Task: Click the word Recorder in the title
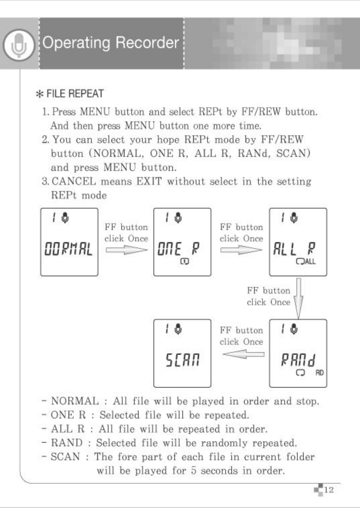tap(147, 42)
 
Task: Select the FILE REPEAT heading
tap(75, 94)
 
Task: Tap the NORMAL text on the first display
tap(69, 249)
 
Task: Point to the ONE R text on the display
tap(178, 249)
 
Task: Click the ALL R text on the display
tap(294, 249)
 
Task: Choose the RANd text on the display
tap(298, 360)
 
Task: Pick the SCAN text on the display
tap(182, 360)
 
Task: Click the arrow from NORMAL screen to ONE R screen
tap(126, 250)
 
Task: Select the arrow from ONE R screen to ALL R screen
tap(241, 250)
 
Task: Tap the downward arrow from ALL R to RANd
tap(298, 298)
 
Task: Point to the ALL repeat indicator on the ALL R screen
tap(306, 262)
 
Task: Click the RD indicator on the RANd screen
tap(319, 373)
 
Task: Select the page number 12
tap(329, 490)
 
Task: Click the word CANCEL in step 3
tap(74, 181)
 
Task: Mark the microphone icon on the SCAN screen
tap(178, 329)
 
